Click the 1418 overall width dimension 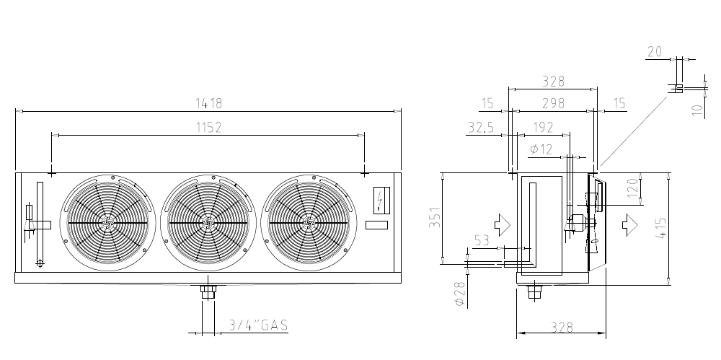[209, 104]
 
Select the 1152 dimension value [209, 128]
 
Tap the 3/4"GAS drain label [258, 325]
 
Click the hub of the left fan [107, 223]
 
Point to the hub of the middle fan [208, 223]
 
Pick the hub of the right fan [308, 223]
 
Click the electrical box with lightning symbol [381, 200]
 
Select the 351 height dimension [435, 217]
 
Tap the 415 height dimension [660, 229]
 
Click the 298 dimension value [553, 104]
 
